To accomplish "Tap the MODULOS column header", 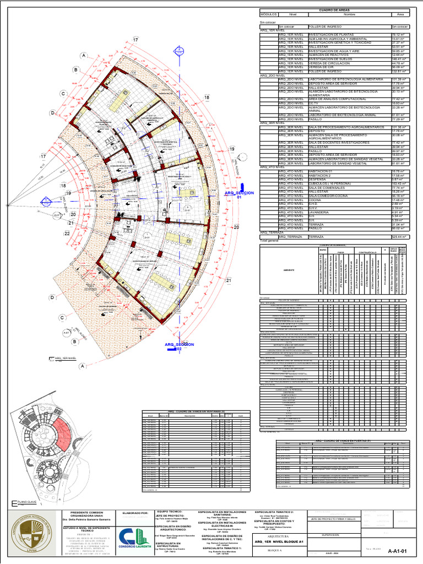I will pyautogui.click(x=268, y=14).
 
